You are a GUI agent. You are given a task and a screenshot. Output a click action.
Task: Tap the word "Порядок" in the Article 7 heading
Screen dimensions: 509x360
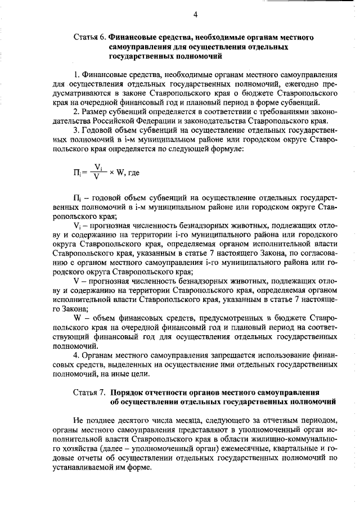click(128, 392)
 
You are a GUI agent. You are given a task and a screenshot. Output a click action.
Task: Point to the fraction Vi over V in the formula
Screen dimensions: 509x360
click(98, 171)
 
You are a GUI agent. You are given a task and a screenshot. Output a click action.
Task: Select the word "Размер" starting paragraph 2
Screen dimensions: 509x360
click(98, 111)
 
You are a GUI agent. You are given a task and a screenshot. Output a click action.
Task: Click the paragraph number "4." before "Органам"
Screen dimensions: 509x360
click(77, 355)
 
